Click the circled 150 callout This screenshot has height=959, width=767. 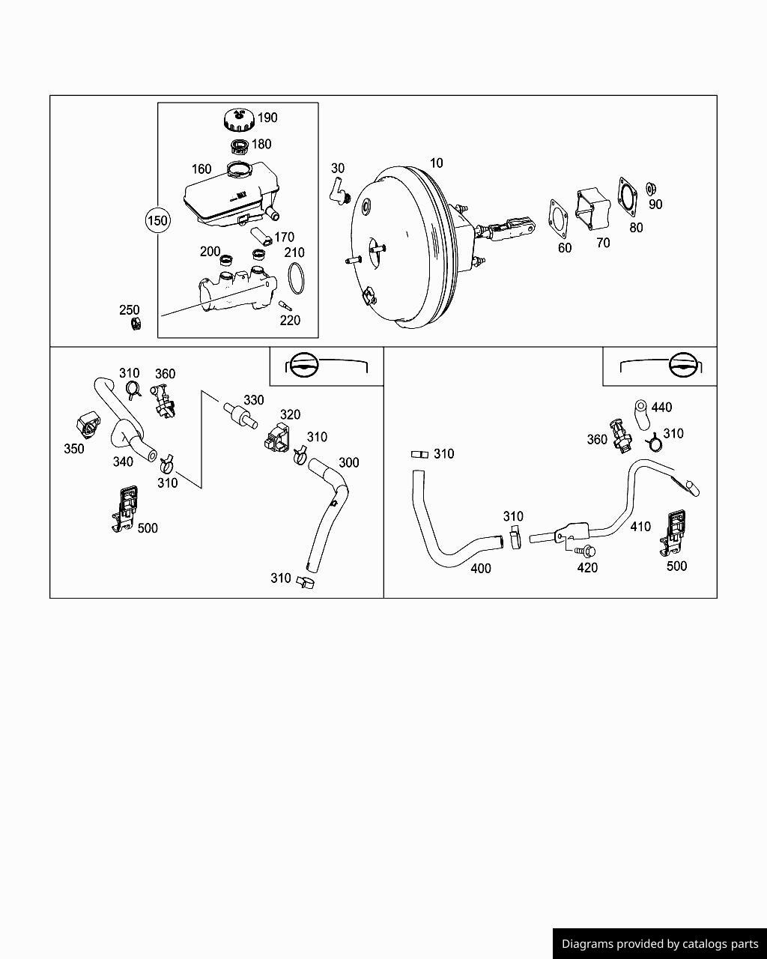point(157,220)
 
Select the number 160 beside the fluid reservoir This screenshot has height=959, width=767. point(201,169)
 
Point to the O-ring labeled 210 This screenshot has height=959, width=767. point(297,277)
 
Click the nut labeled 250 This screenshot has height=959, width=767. point(136,324)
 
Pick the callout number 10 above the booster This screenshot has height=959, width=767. point(436,163)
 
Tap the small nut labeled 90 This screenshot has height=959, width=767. point(650,187)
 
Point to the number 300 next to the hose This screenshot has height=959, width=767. point(349,462)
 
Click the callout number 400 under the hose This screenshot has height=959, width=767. point(481,569)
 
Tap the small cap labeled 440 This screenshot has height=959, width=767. point(640,407)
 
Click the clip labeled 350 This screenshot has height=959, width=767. point(88,425)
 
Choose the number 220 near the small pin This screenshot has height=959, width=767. point(290,321)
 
